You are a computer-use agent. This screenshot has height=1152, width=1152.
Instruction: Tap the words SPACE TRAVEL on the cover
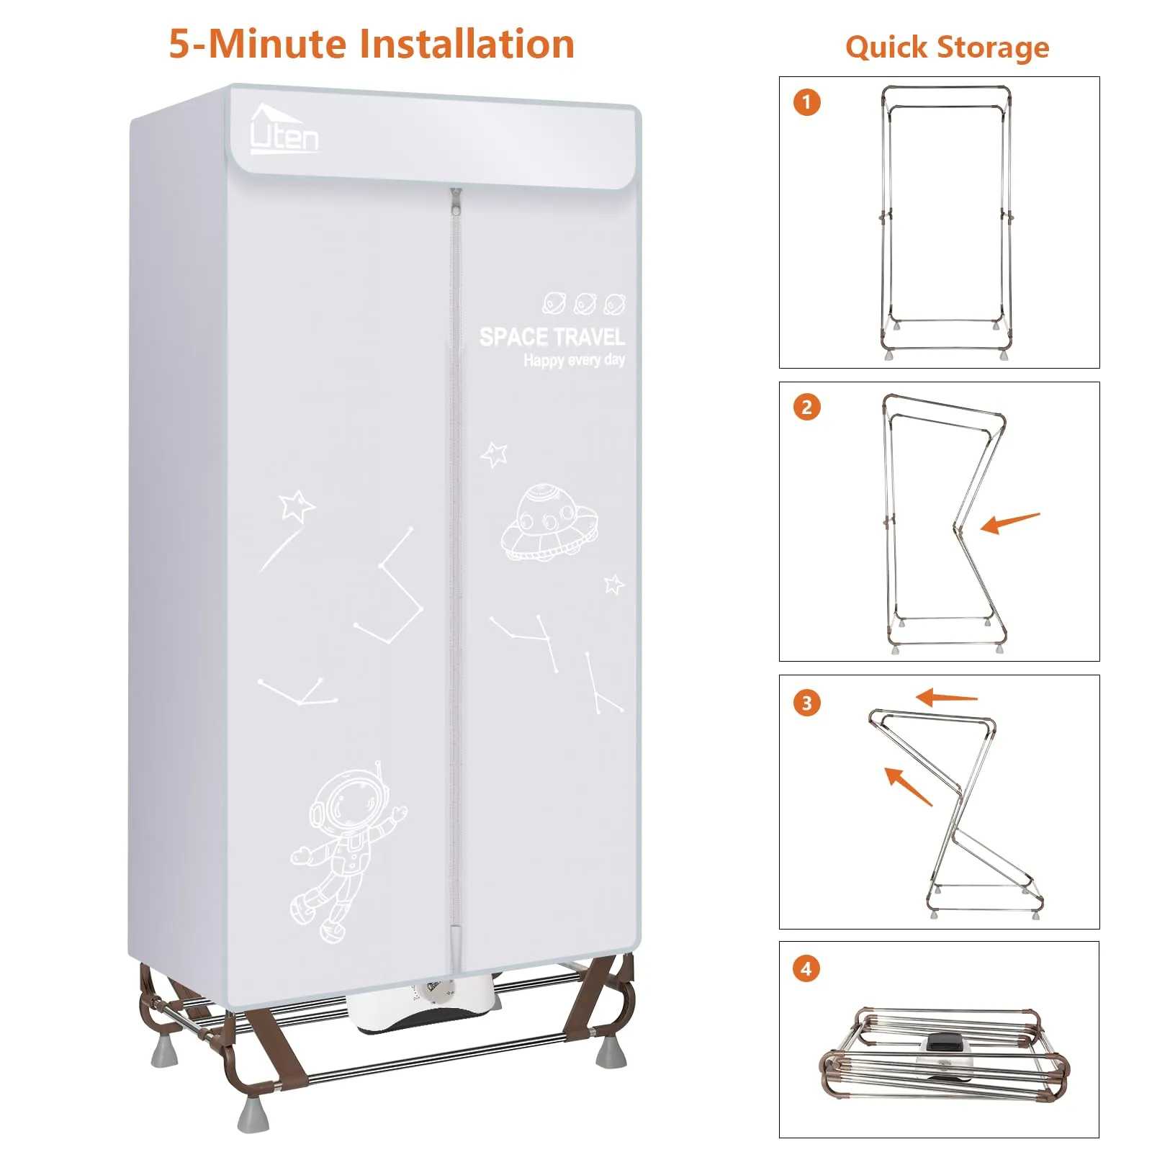(552, 337)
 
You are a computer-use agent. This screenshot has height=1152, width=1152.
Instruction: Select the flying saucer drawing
(549, 523)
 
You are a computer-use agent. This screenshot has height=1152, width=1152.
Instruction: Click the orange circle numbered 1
(806, 102)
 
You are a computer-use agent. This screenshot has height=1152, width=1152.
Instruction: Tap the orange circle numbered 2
(806, 408)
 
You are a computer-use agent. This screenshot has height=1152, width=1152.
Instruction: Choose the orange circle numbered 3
(806, 703)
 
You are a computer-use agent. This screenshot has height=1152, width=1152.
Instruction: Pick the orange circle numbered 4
(806, 968)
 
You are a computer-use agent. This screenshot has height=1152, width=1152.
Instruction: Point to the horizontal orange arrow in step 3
(946, 697)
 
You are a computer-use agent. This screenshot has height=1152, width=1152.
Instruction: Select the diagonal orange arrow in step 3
(908, 786)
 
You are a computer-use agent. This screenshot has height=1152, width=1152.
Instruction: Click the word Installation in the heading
(467, 44)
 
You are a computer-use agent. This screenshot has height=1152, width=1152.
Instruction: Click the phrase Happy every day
(574, 360)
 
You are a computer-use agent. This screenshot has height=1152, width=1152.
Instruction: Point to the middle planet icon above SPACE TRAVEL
(585, 304)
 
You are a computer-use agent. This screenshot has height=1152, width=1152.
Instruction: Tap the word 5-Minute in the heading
(258, 44)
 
